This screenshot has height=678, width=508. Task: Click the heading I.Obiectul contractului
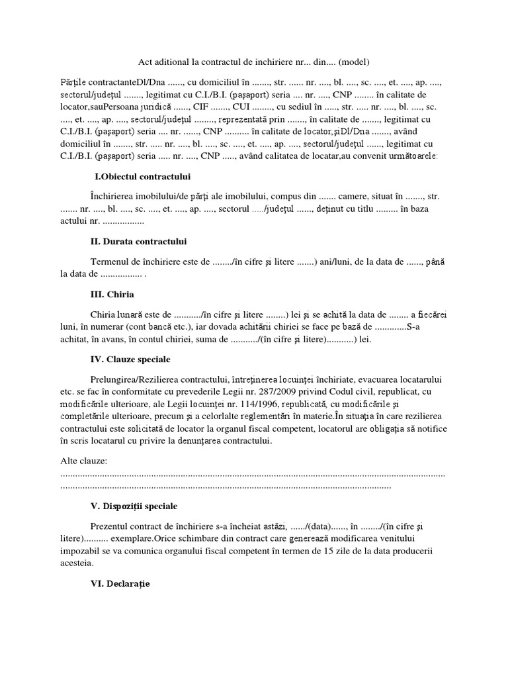tap(143, 177)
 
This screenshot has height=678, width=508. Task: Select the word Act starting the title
tap(146, 62)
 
